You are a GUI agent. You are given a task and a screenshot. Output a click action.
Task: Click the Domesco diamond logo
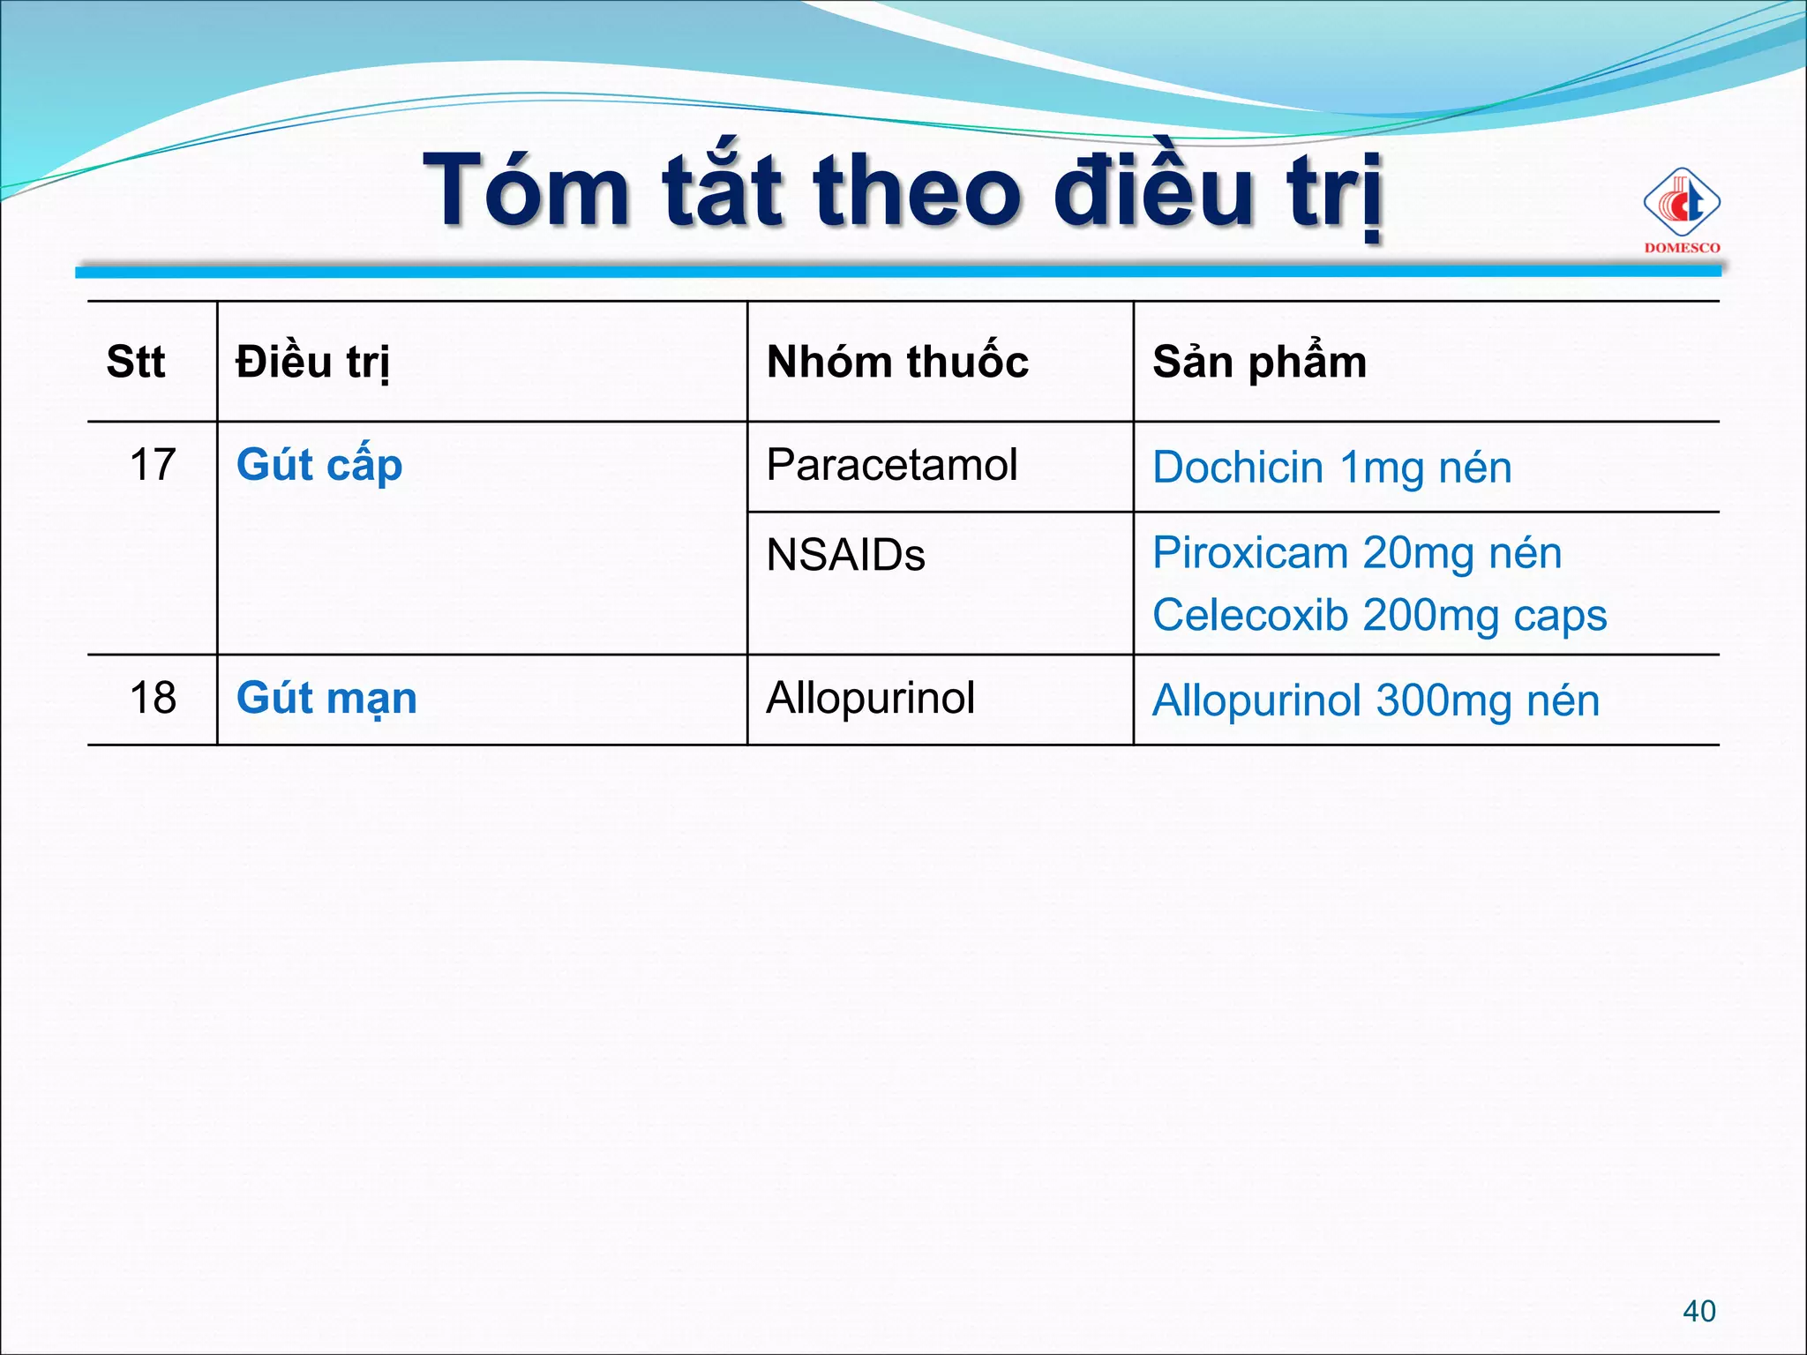click(1681, 204)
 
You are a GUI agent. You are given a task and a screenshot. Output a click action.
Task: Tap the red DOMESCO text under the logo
click(1682, 248)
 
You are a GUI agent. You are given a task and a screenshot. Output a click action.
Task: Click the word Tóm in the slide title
click(527, 191)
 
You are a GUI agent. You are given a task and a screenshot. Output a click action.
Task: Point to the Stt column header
click(136, 362)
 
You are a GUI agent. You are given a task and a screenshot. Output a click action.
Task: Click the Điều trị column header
click(312, 363)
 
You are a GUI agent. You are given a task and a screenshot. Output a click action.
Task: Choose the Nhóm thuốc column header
click(897, 362)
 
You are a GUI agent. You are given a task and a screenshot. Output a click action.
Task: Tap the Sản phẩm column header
click(1259, 362)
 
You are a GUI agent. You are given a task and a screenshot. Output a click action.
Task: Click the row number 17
click(153, 464)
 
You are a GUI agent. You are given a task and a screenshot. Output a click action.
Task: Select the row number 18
click(153, 698)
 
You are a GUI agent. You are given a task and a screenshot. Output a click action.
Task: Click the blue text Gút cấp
click(319, 466)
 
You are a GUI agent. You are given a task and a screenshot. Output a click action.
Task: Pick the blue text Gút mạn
click(326, 699)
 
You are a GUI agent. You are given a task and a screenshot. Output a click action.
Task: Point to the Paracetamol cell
click(891, 465)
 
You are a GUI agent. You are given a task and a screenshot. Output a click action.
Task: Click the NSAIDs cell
click(845, 556)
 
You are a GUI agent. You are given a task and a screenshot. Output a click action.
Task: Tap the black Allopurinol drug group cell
click(870, 698)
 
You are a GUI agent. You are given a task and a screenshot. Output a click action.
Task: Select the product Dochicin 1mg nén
click(1331, 468)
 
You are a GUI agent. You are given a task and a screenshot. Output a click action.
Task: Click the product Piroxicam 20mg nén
click(1356, 554)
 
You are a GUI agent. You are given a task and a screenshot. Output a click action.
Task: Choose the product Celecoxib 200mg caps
click(1379, 616)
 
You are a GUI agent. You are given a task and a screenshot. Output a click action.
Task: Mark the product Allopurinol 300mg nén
click(1376, 701)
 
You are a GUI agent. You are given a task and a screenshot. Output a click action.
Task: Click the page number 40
click(1698, 1311)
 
